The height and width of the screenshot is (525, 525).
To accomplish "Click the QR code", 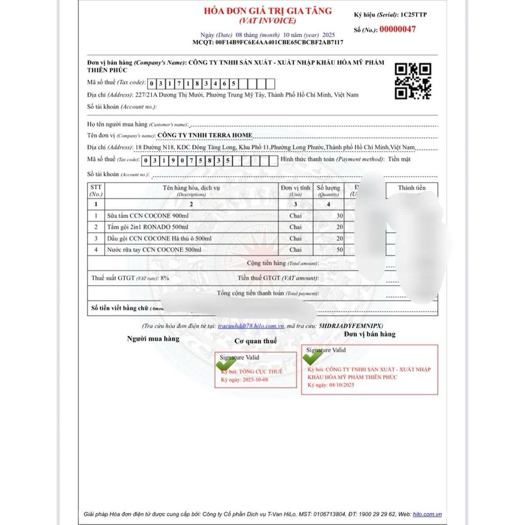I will [x=413, y=81].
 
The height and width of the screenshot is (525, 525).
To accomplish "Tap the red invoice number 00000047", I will [x=398, y=29].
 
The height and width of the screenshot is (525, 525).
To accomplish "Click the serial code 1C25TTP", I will [x=413, y=15].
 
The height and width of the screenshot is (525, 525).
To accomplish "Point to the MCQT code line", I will [x=268, y=42].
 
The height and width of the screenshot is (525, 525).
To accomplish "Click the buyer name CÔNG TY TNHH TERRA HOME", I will [x=205, y=135].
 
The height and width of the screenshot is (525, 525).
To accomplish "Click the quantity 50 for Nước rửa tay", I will [x=339, y=250].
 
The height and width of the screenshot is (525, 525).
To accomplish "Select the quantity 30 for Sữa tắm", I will [x=339, y=216].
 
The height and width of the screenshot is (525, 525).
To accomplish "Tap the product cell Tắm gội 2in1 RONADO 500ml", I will [x=148, y=227].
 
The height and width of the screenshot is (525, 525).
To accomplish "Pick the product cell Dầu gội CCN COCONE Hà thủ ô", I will [x=159, y=238].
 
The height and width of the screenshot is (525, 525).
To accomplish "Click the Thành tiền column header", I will [x=412, y=188].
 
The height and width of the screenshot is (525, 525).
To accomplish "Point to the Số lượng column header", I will [x=328, y=191].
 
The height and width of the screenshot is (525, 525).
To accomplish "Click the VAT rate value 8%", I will [x=164, y=278].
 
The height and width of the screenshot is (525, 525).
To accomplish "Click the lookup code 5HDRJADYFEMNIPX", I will [x=350, y=326].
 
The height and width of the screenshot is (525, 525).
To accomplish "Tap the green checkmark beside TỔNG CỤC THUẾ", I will [x=226, y=364].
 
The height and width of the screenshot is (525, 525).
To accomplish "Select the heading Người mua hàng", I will [x=153, y=339].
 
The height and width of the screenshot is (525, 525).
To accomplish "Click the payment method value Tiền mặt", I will [x=399, y=159].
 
